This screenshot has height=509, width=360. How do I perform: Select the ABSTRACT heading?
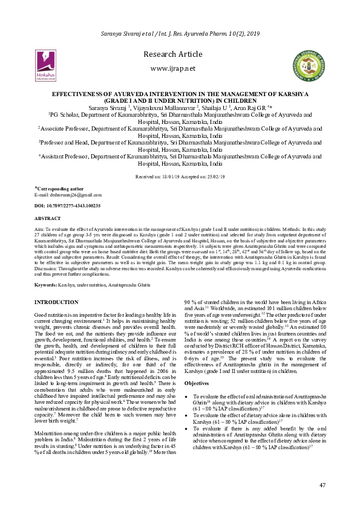tap(48, 218)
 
